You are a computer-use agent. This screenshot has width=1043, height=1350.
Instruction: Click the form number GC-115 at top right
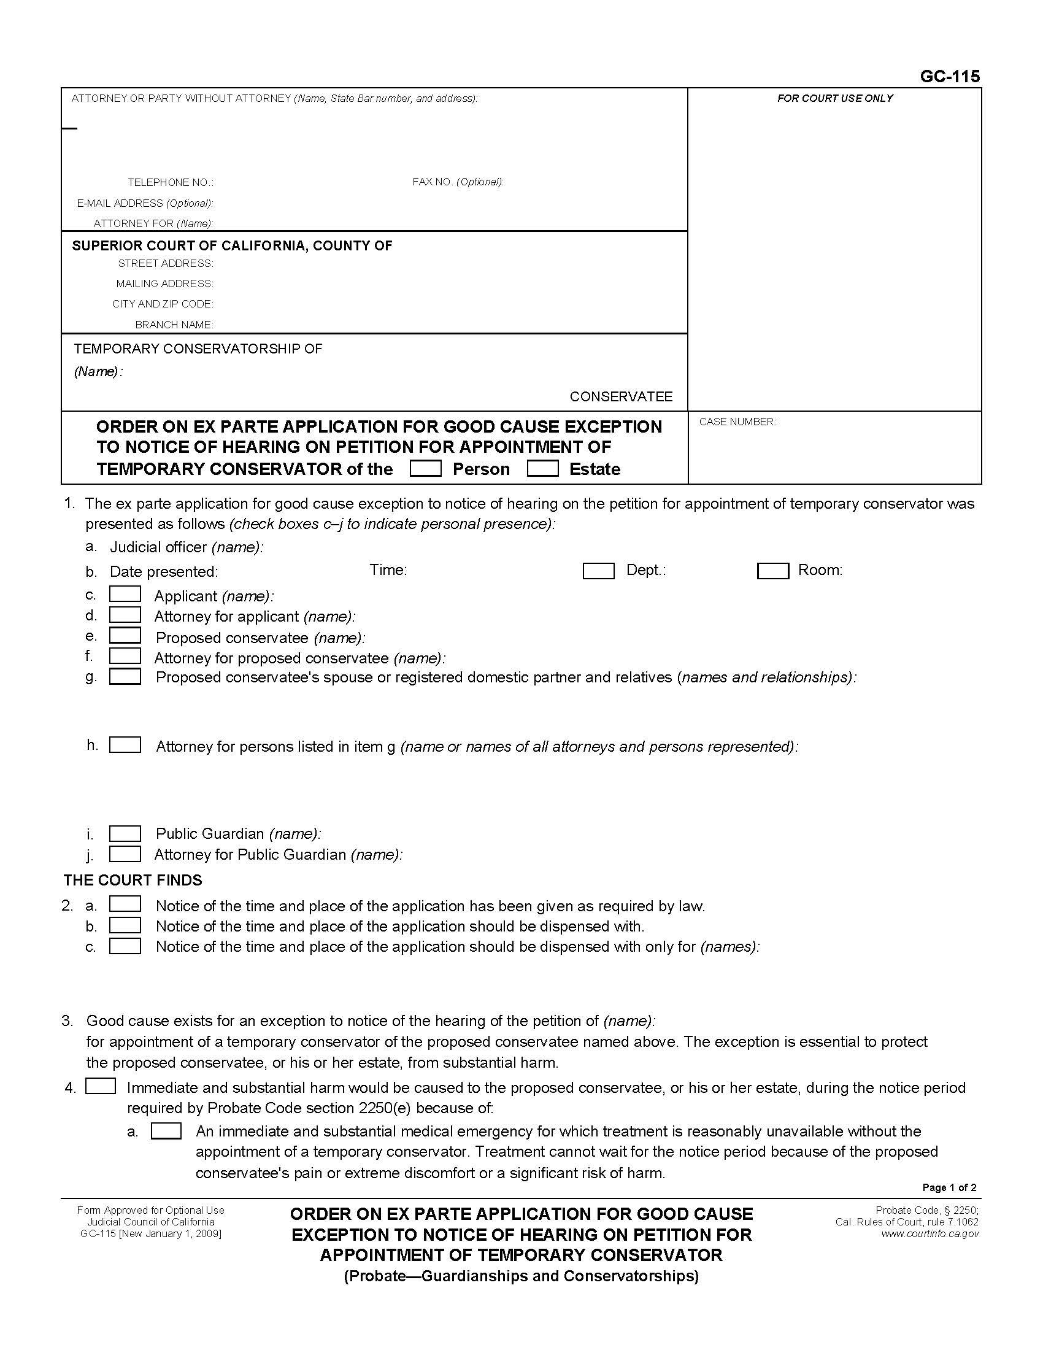coord(949,77)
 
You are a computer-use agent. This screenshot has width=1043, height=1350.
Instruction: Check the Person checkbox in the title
coord(426,469)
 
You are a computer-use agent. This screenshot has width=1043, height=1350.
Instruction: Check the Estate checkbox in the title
coord(542,469)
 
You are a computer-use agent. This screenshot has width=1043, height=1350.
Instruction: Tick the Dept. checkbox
coord(598,571)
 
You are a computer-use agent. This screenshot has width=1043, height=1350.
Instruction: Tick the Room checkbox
coord(772,571)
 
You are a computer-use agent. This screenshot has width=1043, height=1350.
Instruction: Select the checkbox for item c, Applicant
coord(125,595)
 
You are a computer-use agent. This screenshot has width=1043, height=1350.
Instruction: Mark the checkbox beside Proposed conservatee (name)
coord(125,636)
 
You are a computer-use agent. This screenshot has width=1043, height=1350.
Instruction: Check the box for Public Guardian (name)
coord(125,833)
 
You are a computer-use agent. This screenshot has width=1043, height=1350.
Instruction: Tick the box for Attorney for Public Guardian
coord(125,854)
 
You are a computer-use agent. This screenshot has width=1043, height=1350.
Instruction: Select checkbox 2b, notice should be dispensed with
coord(125,925)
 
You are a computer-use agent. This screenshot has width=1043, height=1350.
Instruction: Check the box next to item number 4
coord(101,1086)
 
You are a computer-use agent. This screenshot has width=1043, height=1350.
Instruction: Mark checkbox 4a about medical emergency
coord(166,1131)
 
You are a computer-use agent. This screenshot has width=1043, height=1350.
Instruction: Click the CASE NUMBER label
coord(737,422)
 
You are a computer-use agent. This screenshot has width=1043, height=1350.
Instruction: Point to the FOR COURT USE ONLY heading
coord(835,98)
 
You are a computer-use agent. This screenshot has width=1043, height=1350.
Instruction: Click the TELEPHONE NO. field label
coord(171,182)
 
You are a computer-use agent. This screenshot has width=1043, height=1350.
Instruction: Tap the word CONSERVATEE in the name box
coord(620,396)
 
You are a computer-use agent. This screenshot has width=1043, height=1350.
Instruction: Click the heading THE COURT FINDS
coord(133,880)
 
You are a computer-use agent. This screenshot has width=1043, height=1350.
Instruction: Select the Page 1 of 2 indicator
coord(949,1187)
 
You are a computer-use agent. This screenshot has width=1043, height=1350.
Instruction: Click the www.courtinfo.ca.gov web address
coord(930,1234)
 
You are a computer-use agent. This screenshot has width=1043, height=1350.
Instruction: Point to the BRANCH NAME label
coord(174,325)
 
